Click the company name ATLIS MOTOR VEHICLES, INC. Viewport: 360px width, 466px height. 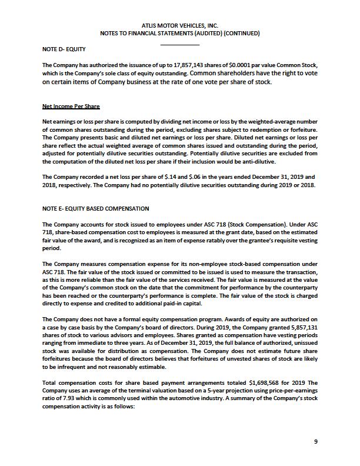point(180,25)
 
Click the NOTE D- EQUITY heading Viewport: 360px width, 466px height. point(61,49)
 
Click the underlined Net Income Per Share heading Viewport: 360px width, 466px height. point(71,106)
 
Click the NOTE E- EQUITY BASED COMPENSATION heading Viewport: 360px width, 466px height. point(96,209)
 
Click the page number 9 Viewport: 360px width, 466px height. point(316,441)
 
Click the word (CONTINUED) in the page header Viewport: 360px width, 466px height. point(238,34)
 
